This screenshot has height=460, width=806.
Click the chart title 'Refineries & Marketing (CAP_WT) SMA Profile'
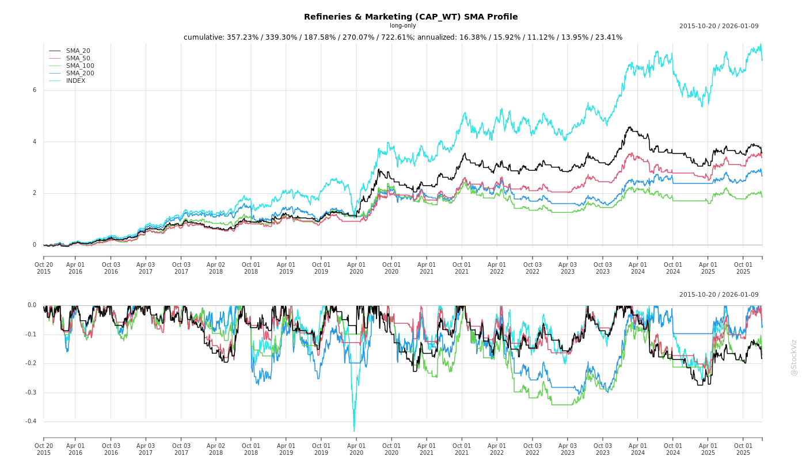410,17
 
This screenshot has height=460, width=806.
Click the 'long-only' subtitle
402,25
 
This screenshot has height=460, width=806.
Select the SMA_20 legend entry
78,51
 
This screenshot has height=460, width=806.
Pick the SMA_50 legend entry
78,59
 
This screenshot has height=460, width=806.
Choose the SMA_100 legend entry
79,66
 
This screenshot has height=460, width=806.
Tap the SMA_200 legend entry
79,74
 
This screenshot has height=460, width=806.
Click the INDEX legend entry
75,81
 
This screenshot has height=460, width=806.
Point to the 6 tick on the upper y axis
35,90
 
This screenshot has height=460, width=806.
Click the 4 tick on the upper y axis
35,142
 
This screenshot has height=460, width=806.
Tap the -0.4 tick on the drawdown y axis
31,421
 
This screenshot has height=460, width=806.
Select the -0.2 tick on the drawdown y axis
31,363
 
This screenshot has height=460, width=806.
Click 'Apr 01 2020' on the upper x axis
356,268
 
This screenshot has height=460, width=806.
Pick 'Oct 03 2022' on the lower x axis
532,449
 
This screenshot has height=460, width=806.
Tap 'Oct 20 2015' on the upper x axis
44,268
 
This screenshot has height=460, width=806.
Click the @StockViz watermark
794,357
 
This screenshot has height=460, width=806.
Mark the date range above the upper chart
718,26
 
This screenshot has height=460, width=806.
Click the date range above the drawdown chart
718,294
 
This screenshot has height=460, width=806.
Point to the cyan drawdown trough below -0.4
354,430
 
